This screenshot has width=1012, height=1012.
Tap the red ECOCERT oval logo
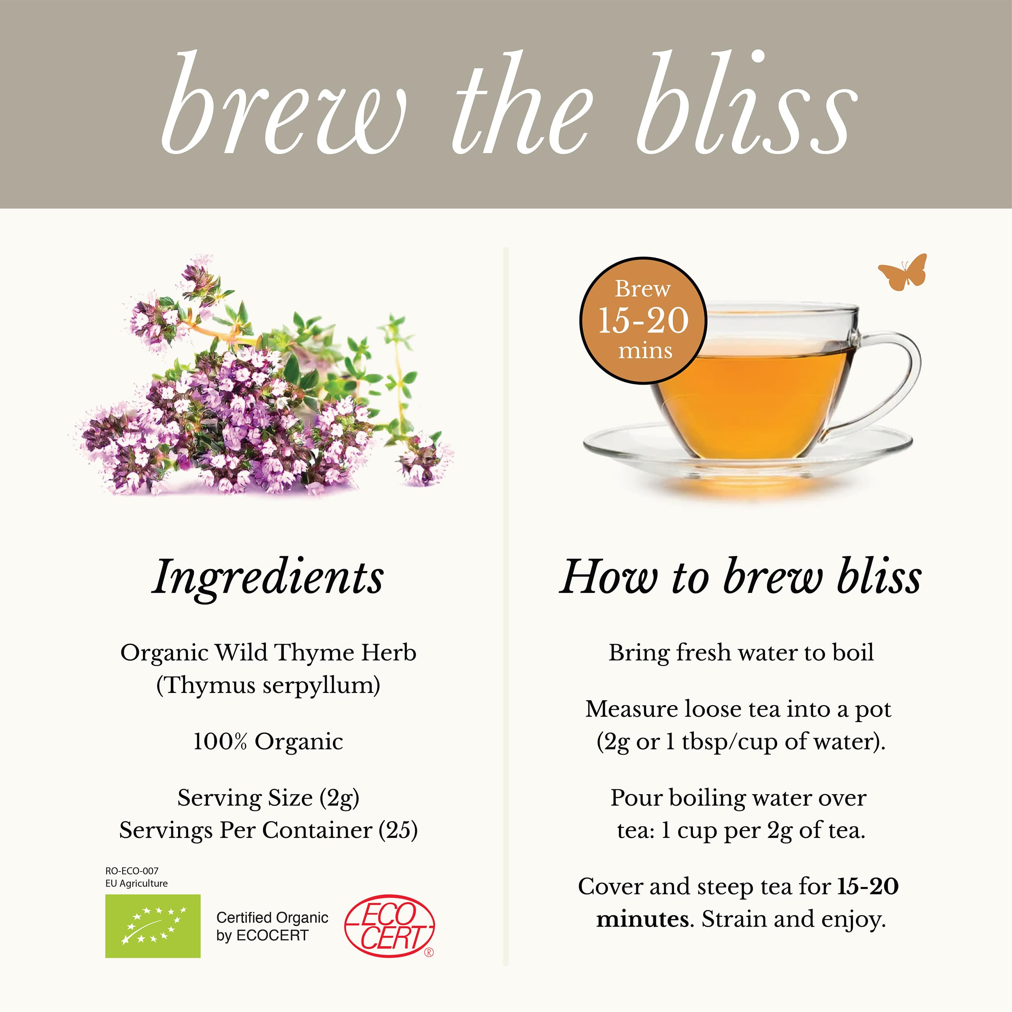point(389,925)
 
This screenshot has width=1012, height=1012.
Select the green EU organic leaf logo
point(153,925)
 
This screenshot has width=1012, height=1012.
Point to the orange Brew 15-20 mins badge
point(643,321)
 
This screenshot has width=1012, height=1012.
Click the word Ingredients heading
point(268,578)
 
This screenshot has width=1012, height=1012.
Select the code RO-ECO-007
point(132,871)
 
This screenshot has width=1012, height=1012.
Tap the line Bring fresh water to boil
point(741,653)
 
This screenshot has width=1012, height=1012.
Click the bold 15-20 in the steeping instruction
point(868,886)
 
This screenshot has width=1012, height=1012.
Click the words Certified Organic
point(272,917)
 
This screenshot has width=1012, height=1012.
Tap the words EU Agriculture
point(136,883)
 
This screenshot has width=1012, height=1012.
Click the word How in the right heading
point(608,578)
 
